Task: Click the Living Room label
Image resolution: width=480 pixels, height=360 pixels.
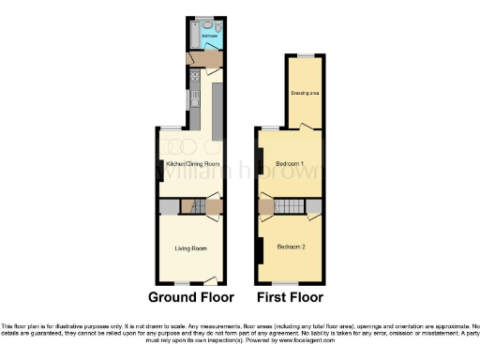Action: tap(190, 248)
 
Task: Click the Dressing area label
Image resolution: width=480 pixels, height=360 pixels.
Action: tap(304, 92)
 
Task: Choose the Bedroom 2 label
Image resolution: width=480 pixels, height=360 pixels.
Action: tap(291, 247)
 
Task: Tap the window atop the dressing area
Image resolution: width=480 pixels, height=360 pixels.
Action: tap(305, 58)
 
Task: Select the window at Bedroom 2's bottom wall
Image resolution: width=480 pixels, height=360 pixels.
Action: tap(285, 283)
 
